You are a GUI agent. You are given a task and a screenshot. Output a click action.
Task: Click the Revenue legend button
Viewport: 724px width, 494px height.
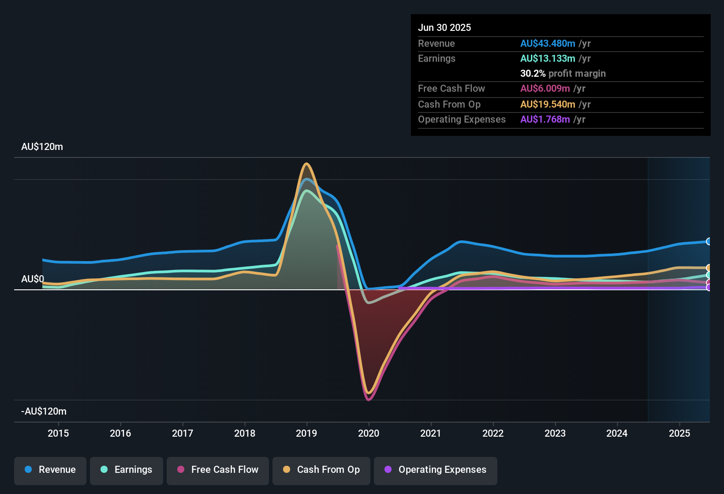[50, 470]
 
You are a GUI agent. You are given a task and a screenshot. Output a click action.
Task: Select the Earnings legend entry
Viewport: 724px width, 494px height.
[127, 470]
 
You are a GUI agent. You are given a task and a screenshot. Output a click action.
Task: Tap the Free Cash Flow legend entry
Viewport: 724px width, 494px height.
[218, 470]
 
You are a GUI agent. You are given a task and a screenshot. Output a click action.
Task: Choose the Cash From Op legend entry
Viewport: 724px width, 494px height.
[321, 470]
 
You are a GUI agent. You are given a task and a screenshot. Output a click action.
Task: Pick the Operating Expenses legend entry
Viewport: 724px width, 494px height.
[436, 470]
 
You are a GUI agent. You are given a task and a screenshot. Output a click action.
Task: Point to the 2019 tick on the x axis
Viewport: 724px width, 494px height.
[306, 433]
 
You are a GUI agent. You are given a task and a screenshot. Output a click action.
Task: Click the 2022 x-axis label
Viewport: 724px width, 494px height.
[493, 433]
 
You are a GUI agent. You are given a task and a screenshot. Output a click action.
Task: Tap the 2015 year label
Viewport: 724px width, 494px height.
[58, 433]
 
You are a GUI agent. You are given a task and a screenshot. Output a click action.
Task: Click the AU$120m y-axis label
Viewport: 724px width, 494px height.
[42, 147]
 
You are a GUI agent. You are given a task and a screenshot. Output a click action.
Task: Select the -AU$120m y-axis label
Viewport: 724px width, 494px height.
[44, 412]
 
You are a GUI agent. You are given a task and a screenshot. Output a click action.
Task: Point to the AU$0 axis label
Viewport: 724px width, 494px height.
[33, 279]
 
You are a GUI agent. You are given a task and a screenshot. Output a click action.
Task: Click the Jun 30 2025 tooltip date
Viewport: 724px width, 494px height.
[444, 27]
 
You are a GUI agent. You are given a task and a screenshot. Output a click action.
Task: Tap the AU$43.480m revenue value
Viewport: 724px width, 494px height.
[548, 43]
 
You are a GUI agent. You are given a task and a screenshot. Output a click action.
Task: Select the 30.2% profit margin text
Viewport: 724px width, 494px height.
[563, 73]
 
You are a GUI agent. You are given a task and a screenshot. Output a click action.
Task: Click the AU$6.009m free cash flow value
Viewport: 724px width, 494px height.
[545, 88]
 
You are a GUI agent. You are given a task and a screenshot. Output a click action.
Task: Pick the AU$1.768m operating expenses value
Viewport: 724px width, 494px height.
[545, 120]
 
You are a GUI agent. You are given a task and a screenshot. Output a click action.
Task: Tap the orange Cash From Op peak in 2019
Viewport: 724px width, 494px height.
[306, 164]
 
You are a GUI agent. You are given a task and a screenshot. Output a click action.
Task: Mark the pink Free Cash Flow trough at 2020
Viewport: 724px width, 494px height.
[369, 400]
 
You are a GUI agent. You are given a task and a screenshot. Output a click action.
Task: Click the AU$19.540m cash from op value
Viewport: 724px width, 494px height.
[548, 104]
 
